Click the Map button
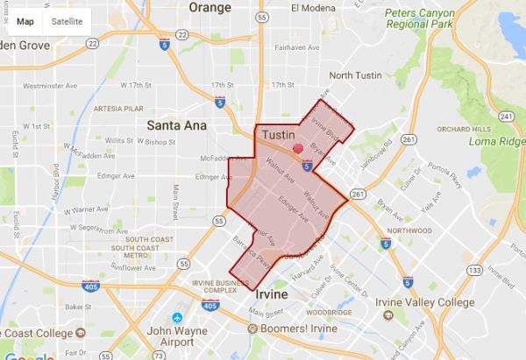pyautogui.click(x=25, y=20)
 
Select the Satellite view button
pyautogui.click(x=67, y=20)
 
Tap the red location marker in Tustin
pyautogui.click(x=298, y=149)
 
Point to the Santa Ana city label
pyautogui.click(x=176, y=124)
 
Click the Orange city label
pyautogui.click(x=210, y=8)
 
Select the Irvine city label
pyautogui.click(x=271, y=295)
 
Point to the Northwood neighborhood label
pyautogui.click(x=409, y=231)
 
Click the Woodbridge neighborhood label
pyautogui.click(x=330, y=312)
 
